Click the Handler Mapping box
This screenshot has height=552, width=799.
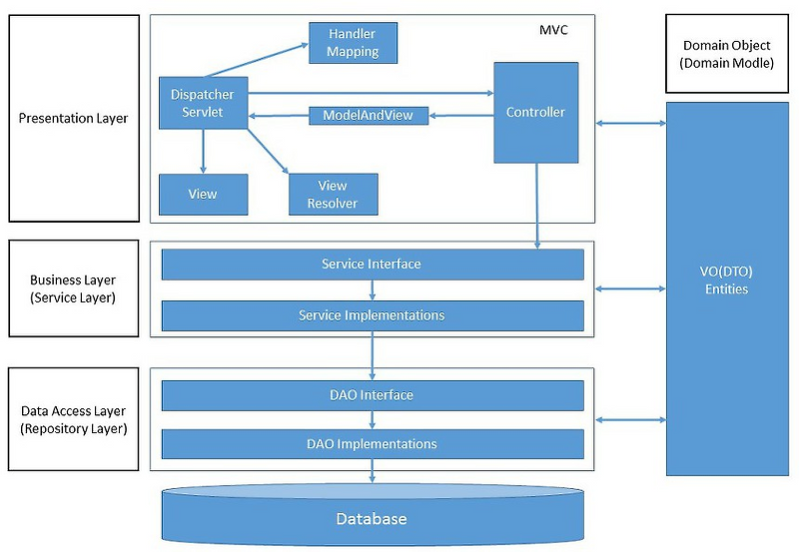[352, 43]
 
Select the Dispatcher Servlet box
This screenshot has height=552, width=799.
[203, 103]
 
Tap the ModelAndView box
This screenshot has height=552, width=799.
[368, 116]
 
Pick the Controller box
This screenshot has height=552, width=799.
[535, 112]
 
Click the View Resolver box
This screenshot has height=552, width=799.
[333, 194]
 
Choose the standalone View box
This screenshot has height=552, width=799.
[203, 194]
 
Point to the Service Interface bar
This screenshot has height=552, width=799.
[372, 265]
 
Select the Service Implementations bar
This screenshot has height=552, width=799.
[372, 315]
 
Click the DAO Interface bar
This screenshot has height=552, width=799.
[372, 395]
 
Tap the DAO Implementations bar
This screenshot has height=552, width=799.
[372, 443]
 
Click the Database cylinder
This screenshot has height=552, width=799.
[372, 518]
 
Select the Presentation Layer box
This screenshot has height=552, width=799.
[74, 119]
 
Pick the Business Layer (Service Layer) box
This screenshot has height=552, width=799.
[74, 287]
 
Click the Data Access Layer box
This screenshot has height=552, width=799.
[74, 419]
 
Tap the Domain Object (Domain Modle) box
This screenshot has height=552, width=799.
[726, 54]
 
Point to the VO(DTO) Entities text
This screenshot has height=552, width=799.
[726, 280]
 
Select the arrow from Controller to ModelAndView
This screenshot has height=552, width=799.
[460, 116]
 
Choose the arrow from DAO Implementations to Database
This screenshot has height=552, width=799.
[372, 471]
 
